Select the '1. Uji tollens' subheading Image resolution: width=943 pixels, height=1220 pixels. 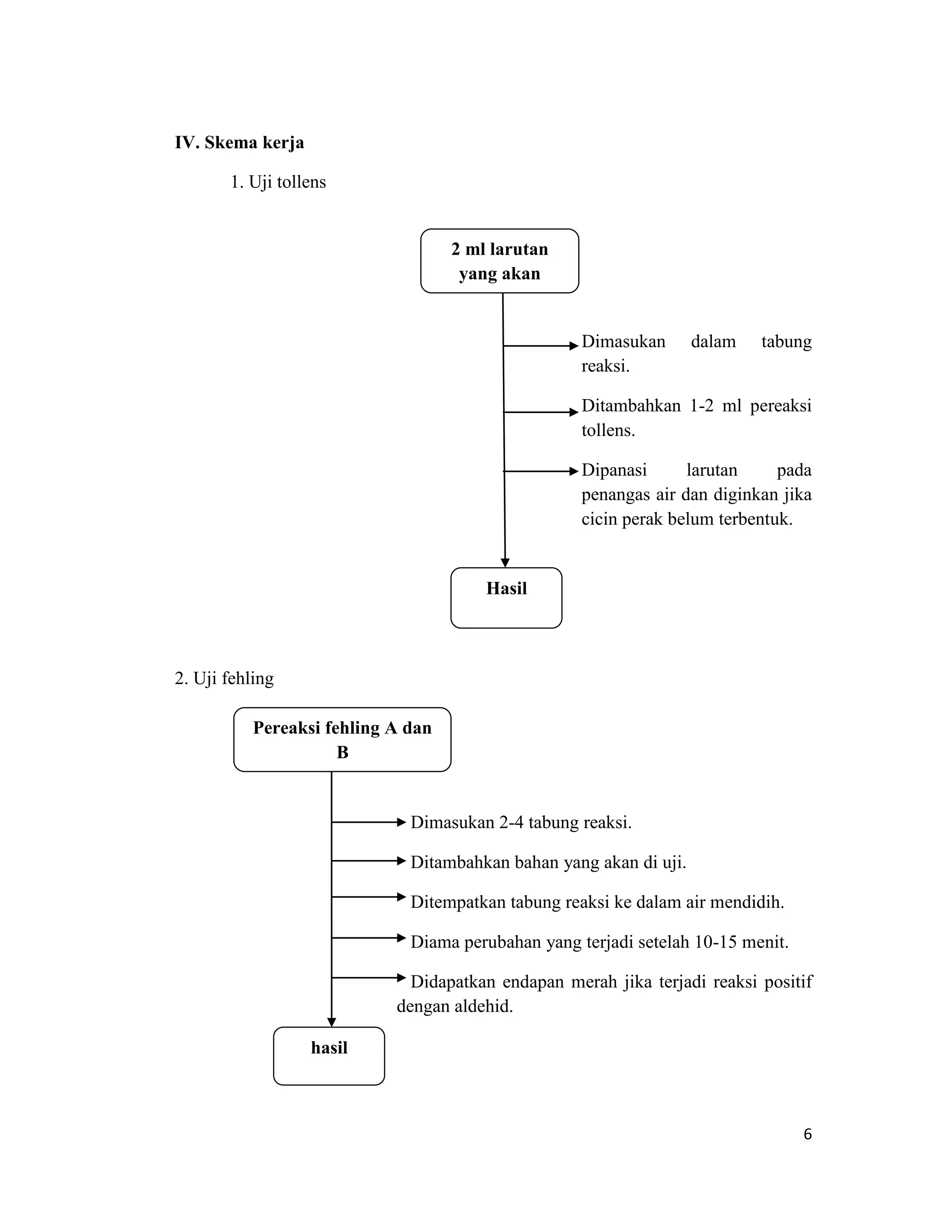coord(278,182)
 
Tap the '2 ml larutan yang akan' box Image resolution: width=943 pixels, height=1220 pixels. coord(500,261)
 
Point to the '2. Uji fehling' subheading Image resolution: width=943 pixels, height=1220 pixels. coord(224,678)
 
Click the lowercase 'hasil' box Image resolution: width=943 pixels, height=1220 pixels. coord(329,1056)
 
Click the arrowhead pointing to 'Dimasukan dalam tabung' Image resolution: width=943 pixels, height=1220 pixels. coord(573,346)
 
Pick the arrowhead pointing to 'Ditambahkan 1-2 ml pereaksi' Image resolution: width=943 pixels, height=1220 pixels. coord(573,412)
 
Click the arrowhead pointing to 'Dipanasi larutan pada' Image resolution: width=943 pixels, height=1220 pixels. coord(573,471)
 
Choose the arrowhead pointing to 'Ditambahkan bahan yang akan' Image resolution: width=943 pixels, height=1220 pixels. coord(401,861)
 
